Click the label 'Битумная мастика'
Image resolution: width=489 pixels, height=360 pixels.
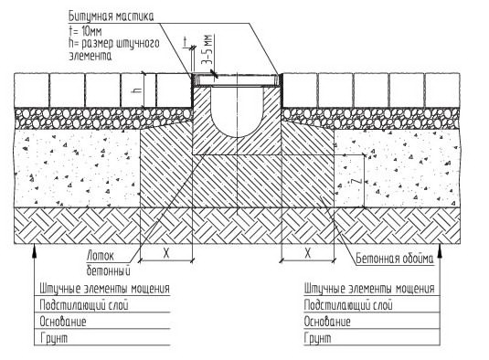click(112, 16)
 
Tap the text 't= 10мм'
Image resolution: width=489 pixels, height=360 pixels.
click(85, 31)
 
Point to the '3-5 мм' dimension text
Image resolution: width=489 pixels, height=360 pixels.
click(207, 49)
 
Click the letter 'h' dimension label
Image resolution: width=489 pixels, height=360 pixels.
click(138, 90)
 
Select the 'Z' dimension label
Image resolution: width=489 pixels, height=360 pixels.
click(358, 181)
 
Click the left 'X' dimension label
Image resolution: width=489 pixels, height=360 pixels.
click(166, 253)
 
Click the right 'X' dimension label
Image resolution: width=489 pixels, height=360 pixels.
click(307, 253)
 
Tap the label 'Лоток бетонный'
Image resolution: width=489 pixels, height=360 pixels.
click(108, 264)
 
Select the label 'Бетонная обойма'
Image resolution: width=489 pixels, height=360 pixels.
click(395, 259)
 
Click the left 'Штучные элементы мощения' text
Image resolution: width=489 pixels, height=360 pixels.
click(105, 289)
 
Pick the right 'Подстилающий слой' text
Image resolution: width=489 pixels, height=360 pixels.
click(348, 305)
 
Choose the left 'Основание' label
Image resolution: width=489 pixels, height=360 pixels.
click(63, 322)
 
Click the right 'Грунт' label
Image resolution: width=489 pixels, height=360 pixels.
click(317, 338)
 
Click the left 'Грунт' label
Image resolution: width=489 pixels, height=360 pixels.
click(54, 338)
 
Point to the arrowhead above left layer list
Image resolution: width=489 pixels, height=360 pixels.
click(35, 250)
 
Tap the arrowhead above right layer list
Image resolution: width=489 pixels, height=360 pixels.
click(440, 250)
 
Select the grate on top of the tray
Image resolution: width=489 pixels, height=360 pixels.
click(237, 79)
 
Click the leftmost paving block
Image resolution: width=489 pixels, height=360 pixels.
click(31, 90)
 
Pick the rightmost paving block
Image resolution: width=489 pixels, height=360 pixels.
click(442, 90)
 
